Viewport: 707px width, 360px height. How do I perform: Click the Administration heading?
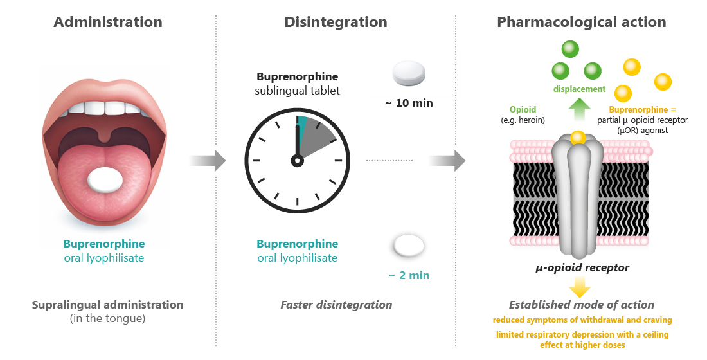[x=107, y=22]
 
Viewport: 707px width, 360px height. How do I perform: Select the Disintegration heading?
[x=336, y=22]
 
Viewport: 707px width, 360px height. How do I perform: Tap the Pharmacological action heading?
[x=581, y=22]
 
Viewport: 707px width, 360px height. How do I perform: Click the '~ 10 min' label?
[x=409, y=103]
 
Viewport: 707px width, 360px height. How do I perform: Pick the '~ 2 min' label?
[x=409, y=275]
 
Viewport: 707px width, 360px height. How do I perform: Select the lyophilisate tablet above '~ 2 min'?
[x=409, y=245]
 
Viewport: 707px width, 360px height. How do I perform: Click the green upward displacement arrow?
[x=580, y=111]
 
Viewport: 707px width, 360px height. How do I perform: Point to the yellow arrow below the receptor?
[x=580, y=287]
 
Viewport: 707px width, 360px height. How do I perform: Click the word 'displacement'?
[x=580, y=89]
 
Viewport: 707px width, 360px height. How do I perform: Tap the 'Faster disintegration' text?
[x=336, y=305]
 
